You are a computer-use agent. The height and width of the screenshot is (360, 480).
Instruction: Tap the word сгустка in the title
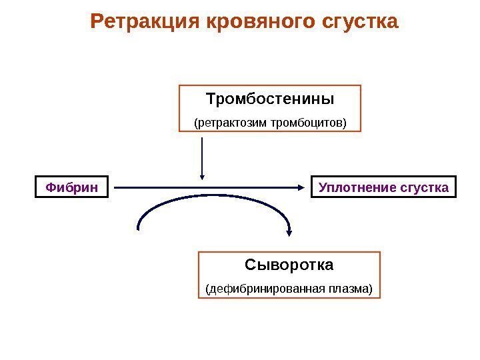click(359, 23)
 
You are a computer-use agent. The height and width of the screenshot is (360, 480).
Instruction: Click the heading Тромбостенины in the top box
click(270, 99)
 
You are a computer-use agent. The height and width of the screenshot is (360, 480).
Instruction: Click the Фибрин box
click(71, 188)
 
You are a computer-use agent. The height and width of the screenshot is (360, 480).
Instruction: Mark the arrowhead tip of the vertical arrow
click(201, 179)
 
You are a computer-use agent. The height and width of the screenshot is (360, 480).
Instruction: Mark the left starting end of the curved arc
click(138, 228)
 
